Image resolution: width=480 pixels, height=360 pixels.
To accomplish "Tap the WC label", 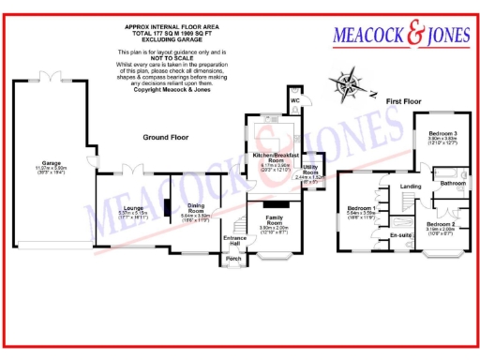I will click(x=293, y=98).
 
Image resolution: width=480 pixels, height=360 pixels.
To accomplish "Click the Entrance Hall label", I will click(x=234, y=241).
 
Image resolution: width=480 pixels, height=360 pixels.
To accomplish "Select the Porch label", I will click(x=234, y=260).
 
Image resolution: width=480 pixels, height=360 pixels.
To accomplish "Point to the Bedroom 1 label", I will click(x=361, y=207).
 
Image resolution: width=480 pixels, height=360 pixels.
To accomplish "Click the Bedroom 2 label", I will click(x=441, y=225).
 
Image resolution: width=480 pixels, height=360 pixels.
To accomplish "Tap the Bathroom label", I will click(x=454, y=183).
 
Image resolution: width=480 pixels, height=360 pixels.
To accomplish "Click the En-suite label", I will click(x=401, y=233).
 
